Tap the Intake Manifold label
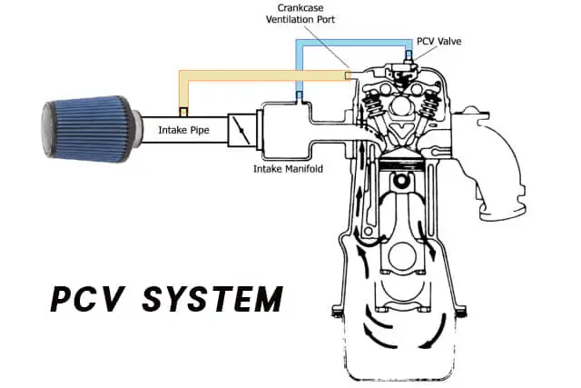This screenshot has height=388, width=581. click(x=286, y=169)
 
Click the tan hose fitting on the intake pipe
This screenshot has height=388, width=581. click(x=183, y=112)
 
